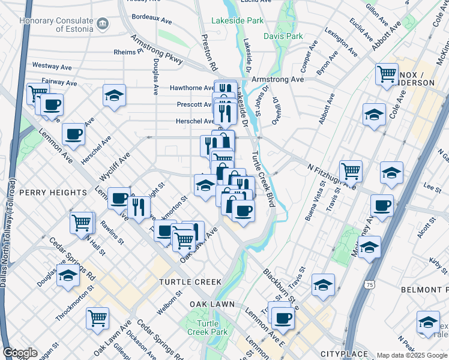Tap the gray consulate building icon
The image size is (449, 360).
103,23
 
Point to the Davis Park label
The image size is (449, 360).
283,36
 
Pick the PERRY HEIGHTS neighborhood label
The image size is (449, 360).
53,193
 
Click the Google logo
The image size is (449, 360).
20,353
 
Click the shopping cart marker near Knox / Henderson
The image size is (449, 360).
387,74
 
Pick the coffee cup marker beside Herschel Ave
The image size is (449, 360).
73,134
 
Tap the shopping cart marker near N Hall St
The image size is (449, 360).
82,222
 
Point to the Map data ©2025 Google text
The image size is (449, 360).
412,355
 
